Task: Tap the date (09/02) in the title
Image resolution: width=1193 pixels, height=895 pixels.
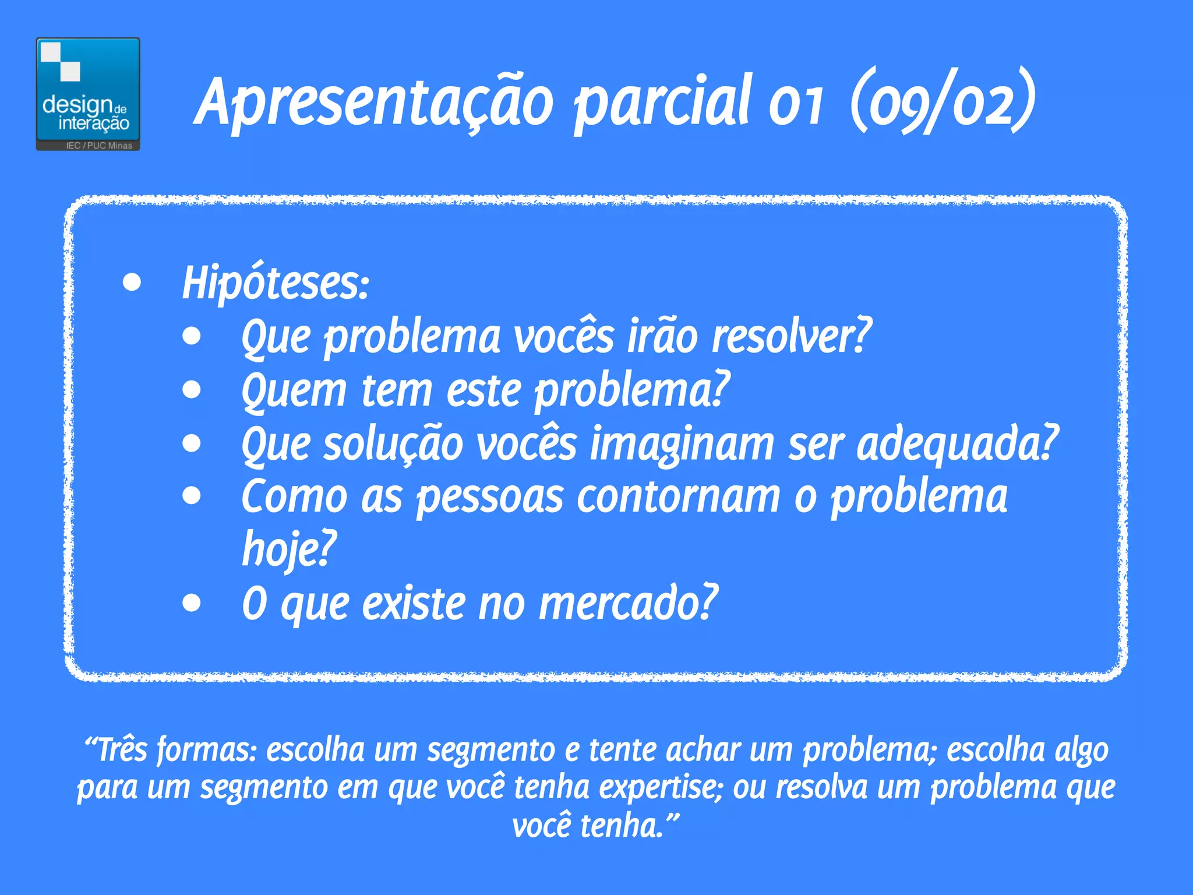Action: (x=943, y=102)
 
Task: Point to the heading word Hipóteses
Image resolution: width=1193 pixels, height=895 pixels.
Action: (x=274, y=284)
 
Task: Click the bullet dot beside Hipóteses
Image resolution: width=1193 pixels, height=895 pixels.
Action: (x=132, y=283)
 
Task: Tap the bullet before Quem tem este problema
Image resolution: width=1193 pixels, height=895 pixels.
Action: (x=192, y=390)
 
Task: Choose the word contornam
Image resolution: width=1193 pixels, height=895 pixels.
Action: (x=678, y=498)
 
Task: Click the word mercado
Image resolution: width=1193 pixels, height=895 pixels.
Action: (x=627, y=604)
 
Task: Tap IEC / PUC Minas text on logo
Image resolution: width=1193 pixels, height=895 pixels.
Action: (x=99, y=146)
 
